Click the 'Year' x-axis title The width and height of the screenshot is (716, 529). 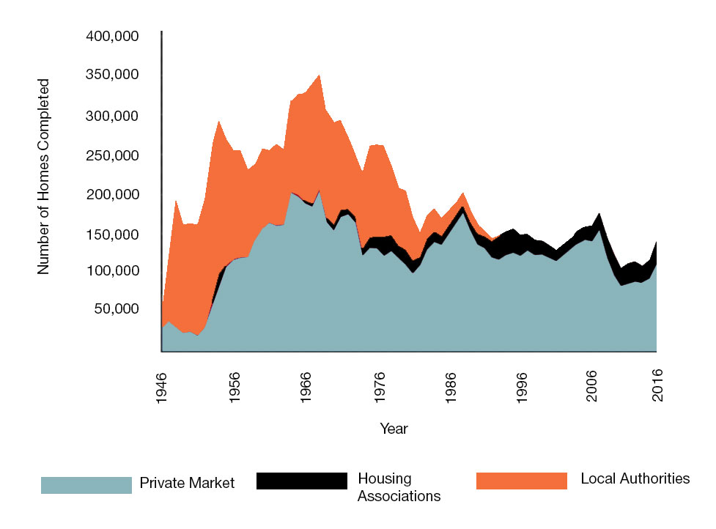(394, 429)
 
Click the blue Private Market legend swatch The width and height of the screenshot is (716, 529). (86, 484)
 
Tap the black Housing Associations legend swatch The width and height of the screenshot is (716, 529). (301, 481)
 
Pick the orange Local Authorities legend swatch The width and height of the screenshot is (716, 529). (521, 481)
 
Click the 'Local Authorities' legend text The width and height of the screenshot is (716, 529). (635, 479)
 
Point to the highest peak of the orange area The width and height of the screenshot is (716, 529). (320, 75)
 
